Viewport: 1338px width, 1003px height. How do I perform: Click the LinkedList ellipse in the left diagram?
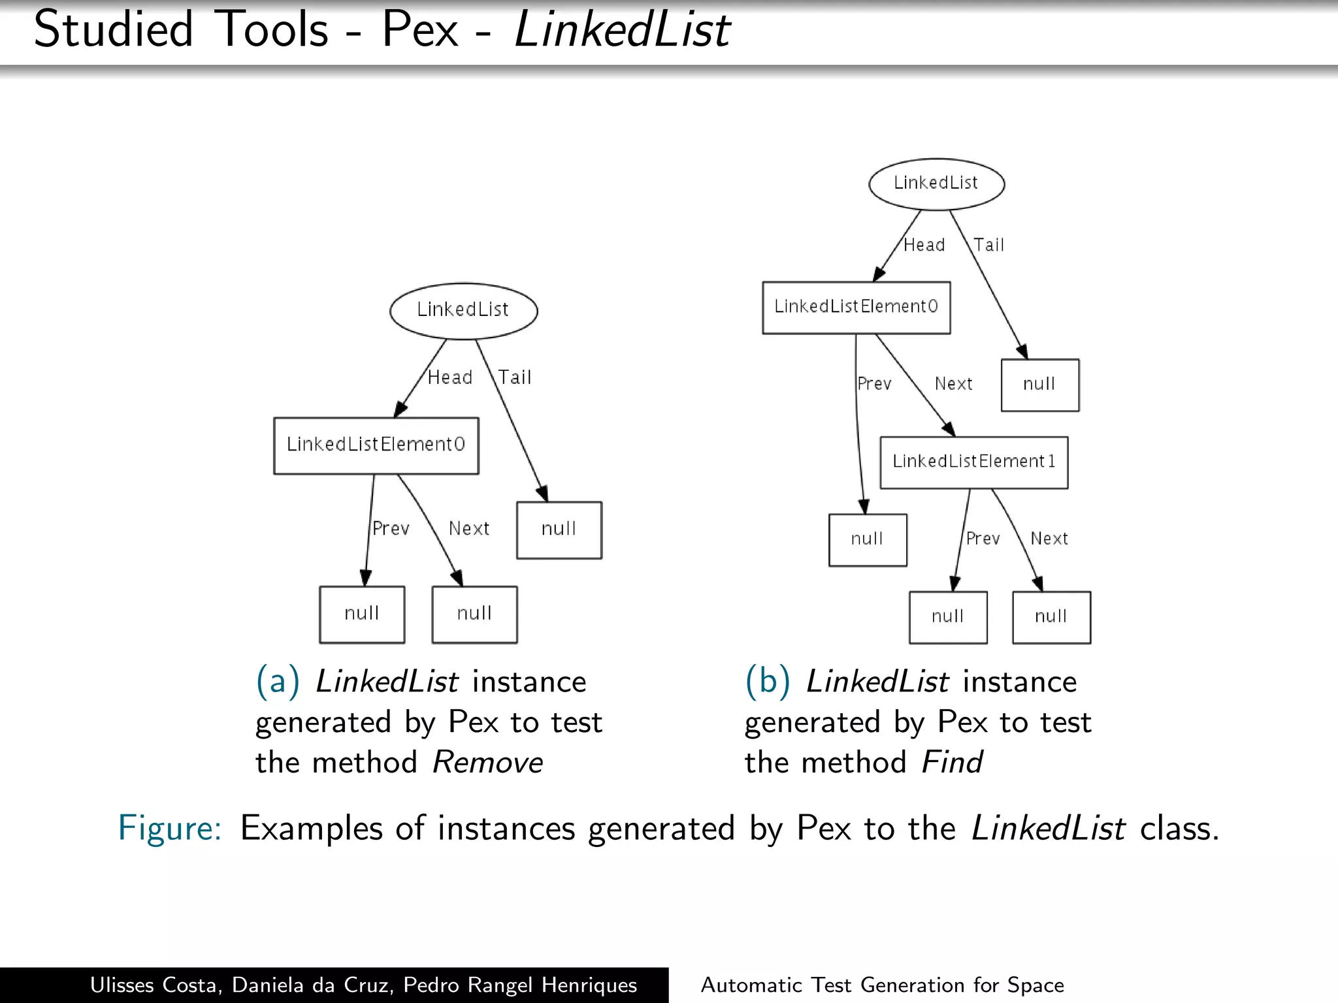pos(463,311)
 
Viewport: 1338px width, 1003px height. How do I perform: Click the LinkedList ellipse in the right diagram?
pos(936,183)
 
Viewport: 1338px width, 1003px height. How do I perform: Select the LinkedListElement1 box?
pos(973,462)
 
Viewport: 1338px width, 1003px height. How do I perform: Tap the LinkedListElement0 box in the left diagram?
pos(376,445)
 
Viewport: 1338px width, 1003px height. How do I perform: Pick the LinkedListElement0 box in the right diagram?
pos(856,308)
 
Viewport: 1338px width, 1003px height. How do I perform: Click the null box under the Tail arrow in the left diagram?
pos(559,530)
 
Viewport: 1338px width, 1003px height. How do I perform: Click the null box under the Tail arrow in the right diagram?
pos(1039,385)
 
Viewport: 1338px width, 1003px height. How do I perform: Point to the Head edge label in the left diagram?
pos(449,377)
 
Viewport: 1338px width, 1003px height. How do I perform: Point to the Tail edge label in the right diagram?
pos(988,245)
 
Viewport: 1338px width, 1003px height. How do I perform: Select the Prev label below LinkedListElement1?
pos(983,539)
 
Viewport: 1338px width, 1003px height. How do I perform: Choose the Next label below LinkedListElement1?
pos(1049,539)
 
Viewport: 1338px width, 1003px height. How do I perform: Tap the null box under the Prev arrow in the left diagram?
pos(361,614)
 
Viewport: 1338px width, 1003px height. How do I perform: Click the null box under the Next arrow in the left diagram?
pos(474,614)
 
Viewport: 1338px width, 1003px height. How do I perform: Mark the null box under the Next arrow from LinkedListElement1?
pos(1051,617)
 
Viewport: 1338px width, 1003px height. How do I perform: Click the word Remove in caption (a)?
pos(487,763)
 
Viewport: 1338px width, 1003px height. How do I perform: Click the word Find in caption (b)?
pos(951,763)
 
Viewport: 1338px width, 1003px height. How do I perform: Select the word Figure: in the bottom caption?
pos(170,829)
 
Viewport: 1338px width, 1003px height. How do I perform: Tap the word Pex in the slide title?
pos(419,30)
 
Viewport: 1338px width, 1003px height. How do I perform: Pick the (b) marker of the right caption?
pos(767,681)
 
